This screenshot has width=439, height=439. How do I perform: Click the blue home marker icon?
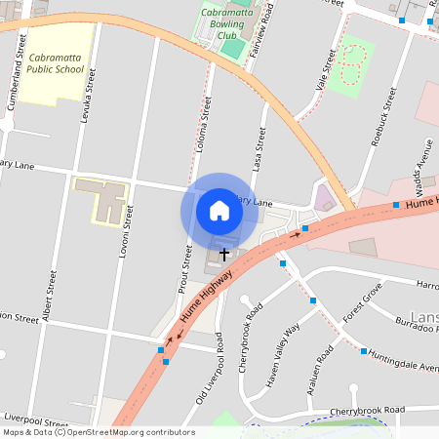(219, 210)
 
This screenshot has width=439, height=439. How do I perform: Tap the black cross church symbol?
(224, 254)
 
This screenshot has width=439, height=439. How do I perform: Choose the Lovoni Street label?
(126, 230)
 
